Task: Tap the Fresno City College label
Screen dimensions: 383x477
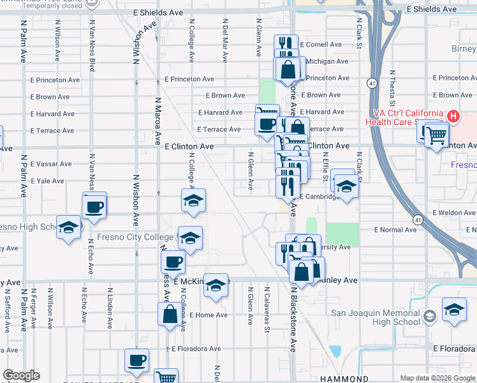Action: [135, 237]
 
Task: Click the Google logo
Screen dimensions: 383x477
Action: [21, 375]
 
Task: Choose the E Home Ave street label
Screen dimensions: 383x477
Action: [203, 315]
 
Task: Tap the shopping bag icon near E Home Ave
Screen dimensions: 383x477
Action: [170, 314]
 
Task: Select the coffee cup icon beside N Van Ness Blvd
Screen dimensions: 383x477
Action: [94, 207]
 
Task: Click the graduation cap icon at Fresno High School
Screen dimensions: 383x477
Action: [69, 227]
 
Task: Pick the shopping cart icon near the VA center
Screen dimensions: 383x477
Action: [436, 135]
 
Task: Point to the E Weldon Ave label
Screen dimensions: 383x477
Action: [453, 213]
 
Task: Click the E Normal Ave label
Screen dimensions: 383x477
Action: [395, 229]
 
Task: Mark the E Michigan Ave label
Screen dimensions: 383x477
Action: [327, 61]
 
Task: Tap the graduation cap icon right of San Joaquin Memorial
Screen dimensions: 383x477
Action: [453, 310]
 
